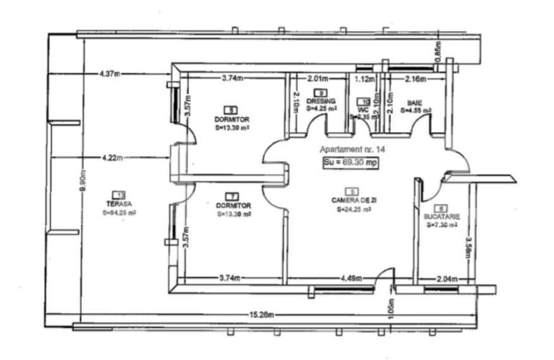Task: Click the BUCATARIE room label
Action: [442, 216]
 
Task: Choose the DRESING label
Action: [321, 101]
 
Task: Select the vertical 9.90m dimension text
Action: [84, 183]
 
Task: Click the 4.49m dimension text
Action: [351, 278]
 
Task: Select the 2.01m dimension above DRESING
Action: [318, 79]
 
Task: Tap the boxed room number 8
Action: [232, 109]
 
